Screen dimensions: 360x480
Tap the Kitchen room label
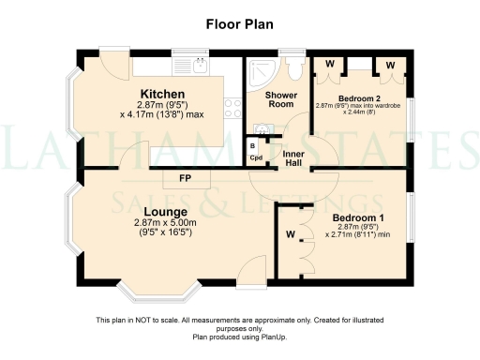point(161,94)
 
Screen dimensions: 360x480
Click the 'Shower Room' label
point(280,99)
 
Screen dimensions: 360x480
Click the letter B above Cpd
point(253,145)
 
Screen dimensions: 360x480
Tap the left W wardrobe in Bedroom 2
point(329,64)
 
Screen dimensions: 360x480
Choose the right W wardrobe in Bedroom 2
point(389,64)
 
